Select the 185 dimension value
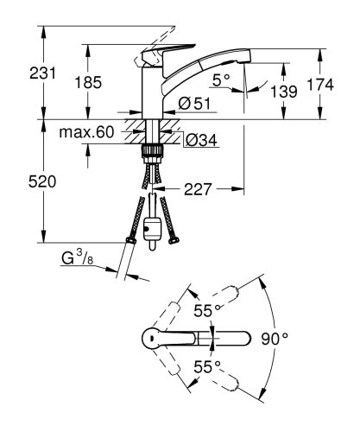coord(89,83)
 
